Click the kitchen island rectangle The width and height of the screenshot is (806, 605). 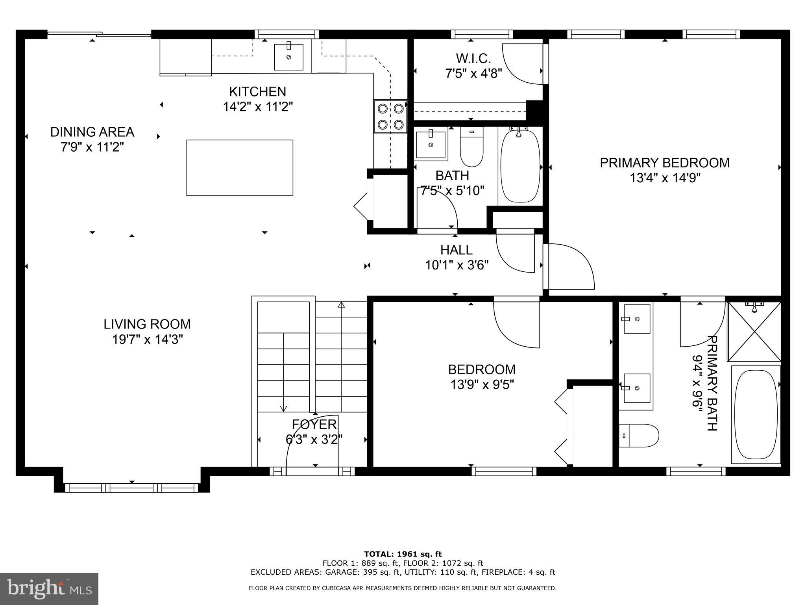[x=239, y=167]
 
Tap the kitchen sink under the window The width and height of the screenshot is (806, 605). [x=288, y=57]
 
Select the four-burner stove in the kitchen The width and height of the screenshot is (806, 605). [x=390, y=116]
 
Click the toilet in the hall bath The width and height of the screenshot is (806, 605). [x=471, y=148]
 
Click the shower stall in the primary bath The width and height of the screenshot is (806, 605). [x=754, y=332]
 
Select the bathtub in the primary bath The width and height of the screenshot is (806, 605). [x=756, y=414]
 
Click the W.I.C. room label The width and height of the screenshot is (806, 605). [x=473, y=59]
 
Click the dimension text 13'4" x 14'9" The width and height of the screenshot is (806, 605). [x=665, y=178]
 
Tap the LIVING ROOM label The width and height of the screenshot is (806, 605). [x=147, y=324]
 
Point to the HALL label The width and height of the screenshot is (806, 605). [x=457, y=250]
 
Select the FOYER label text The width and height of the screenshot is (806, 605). [x=314, y=424]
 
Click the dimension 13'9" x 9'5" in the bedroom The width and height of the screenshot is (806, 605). [x=482, y=384]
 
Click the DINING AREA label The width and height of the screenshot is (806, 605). [x=92, y=132]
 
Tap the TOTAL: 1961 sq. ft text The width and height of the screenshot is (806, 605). [x=403, y=554]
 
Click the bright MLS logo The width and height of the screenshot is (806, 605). [x=49, y=588]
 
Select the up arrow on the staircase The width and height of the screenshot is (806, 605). [x=341, y=304]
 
